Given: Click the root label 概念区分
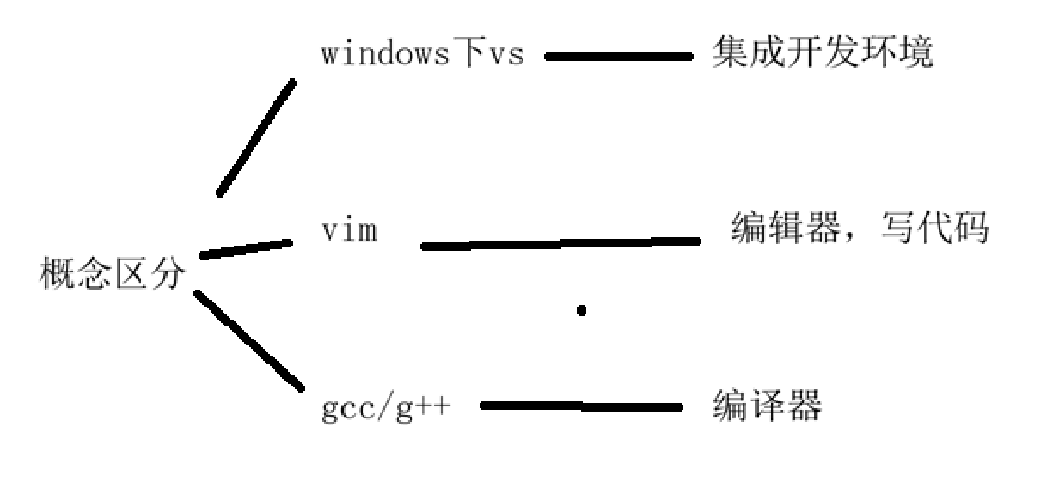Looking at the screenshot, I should (112, 275).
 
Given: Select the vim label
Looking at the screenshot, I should (348, 231).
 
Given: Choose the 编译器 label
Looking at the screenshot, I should (767, 406).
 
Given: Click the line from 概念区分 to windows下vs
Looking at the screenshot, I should (256, 137).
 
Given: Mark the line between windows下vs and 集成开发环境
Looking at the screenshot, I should (618, 58).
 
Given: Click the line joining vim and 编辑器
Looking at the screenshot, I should (560, 244).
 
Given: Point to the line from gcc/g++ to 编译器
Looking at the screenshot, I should (581, 406).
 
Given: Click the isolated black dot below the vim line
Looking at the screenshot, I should (581, 310).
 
